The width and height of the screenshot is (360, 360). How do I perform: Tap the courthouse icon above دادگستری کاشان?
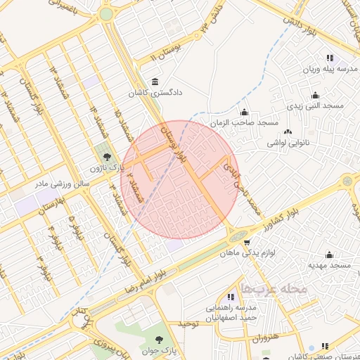click(x=155, y=82)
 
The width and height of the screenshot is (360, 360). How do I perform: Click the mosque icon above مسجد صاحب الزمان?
click(x=245, y=112)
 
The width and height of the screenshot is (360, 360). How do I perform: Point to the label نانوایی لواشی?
click(x=287, y=142)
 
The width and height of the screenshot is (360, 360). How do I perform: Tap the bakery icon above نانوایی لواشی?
click(x=287, y=131)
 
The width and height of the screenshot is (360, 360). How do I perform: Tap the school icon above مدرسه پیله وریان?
click(x=329, y=58)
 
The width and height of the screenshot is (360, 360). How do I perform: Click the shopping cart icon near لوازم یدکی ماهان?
click(x=246, y=243)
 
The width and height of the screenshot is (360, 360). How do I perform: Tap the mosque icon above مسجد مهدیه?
click(x=329, y=255)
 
